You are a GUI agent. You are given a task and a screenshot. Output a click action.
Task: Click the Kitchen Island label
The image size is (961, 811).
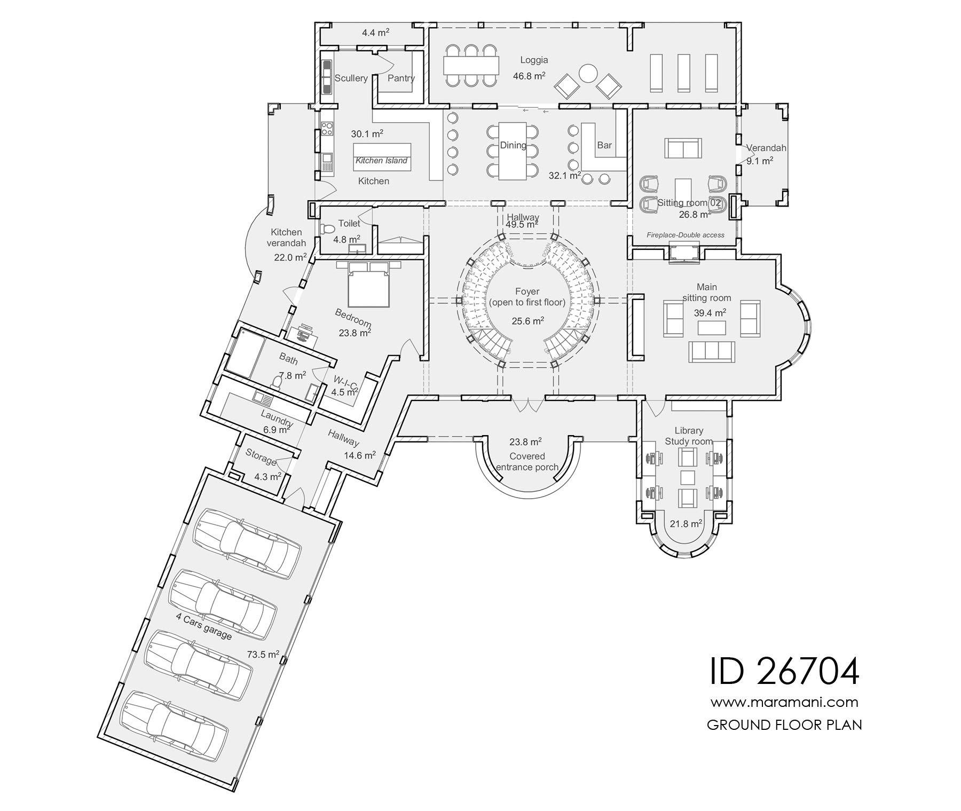(381, 160)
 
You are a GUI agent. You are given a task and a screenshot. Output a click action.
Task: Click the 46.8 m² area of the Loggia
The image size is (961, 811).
(529, 76)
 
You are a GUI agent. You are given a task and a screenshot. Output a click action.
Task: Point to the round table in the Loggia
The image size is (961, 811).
(588, 73)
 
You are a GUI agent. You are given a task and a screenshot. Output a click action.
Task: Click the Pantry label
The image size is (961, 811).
(401, 78)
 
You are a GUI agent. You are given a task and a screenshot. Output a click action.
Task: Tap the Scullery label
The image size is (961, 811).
(351, 78)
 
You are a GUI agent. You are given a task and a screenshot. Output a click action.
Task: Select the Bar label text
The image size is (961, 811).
(604, 145)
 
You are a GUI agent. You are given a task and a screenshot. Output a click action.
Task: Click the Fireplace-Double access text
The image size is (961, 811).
(685, 235)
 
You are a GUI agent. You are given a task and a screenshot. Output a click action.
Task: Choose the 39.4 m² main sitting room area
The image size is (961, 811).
(710, 313)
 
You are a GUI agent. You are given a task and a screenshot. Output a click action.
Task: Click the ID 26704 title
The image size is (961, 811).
(784, 671)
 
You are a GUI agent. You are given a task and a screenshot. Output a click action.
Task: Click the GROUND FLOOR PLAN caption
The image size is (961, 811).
(784, 725)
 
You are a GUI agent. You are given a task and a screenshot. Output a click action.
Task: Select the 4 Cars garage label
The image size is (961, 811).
(204, 626)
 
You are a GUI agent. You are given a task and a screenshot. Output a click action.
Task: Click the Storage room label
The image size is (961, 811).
(261, 456)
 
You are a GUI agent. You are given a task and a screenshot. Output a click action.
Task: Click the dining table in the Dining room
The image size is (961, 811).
(513, 151)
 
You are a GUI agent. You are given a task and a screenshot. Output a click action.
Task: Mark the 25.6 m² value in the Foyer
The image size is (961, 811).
(527, 321)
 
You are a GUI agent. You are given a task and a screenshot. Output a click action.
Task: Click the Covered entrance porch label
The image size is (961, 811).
(527, 462)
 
